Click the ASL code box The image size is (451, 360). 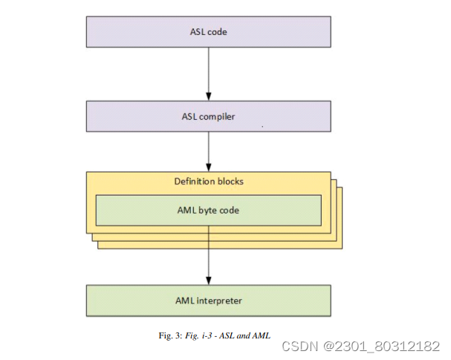pyautogui.click(x=208, y=33)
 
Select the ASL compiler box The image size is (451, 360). pyautogui.click(x=208, y=116)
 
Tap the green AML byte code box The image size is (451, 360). pyautogui.click(x=208, y=210)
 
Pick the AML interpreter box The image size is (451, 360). pyautogui.click(x=208, y=300)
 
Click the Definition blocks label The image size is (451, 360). pyautogui.click(x=208, y=181)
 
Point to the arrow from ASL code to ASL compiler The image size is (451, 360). pyautogui.click(x=209, y=74)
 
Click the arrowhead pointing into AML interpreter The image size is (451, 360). pyautogui.click(x=209, y=280)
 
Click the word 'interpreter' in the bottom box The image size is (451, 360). pyautogui.click(x=221, y=301)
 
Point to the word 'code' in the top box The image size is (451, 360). pyautogui.click(x=218, y=33)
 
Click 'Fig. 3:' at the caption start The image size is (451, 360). pyautogui.click(x=166, y=336)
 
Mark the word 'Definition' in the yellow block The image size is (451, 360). pyautogui.click(x=192, y=181)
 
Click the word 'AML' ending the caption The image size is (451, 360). pyautogui.click(x=262, y=336)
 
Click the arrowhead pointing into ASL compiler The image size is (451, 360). pyautogui.click(x=209, y=97)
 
